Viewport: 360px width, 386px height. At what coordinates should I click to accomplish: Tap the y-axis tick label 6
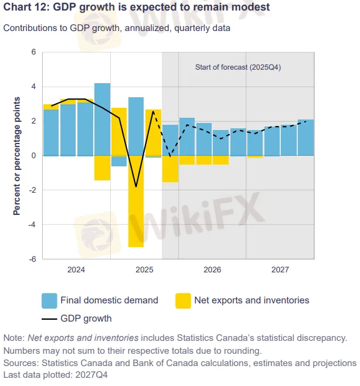[x=33, y=52]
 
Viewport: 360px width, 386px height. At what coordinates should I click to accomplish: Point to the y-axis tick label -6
[x=32, y=259]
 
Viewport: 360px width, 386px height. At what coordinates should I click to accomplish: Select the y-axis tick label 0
[x=33, y=156]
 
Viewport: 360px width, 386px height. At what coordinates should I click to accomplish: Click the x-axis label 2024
[x=76, y=271]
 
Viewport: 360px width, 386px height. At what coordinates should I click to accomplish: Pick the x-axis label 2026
[x=212, y=271]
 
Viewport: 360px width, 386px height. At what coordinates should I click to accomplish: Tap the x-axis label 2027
[x=280, y=271]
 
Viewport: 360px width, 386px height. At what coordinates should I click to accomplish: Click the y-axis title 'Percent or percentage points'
[x=16, y=155]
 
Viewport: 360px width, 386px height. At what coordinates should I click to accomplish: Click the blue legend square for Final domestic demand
[x=49, y=300]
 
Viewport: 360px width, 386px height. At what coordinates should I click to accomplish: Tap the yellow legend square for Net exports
[x=183, y=300]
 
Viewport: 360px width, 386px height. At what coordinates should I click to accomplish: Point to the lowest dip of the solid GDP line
[x=136, y=187]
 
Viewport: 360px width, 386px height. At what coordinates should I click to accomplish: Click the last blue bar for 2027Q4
[x=305, y=138]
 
